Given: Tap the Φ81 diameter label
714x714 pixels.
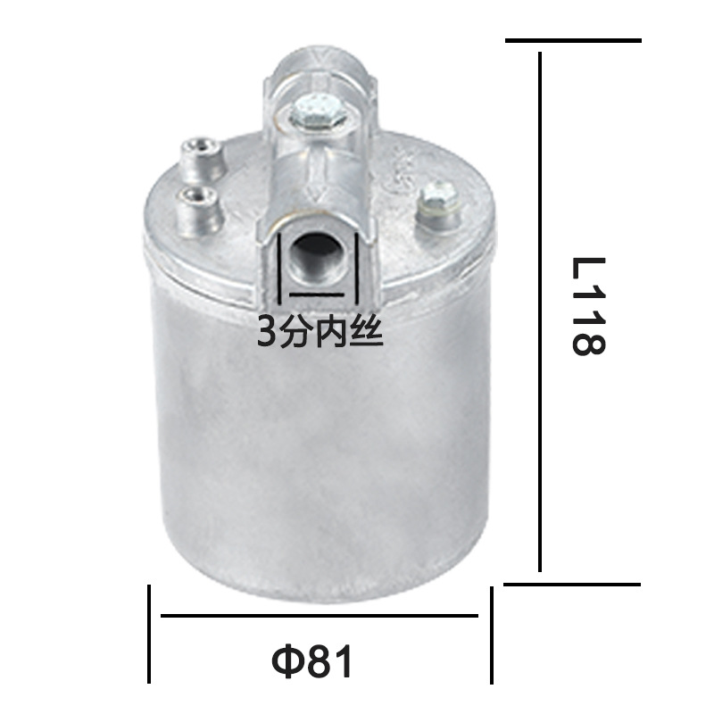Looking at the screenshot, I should tap(312, 662).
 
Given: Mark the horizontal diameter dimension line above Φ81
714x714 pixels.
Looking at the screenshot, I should tap(320, 616).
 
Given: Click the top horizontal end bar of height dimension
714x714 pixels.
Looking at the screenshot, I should tap(573, 40).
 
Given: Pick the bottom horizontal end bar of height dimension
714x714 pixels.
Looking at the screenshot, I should tap(573, 585).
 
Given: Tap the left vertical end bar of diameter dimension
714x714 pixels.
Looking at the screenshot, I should tap(149, 633).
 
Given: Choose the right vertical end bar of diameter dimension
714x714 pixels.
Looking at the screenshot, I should tap(490, 633).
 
